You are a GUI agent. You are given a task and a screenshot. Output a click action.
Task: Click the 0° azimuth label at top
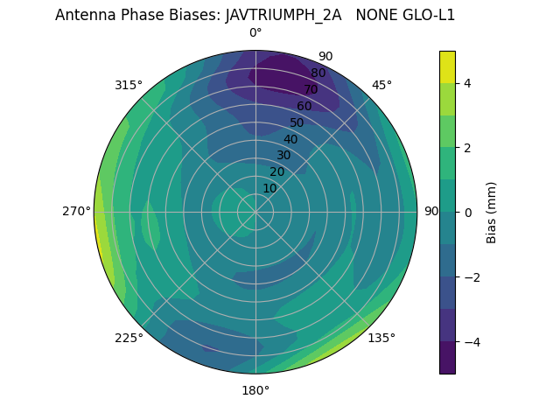(x=255, y=32)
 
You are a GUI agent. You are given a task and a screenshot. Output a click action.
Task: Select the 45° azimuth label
(x=381, y=85)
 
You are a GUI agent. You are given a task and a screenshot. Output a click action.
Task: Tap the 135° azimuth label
(x=381, y=338)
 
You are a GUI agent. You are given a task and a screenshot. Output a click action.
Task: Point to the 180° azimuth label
(x=255, y=390)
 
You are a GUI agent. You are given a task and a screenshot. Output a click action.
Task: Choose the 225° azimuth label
(x=129, y=338)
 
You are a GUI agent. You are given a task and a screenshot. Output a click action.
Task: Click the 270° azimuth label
(x=76, y=211)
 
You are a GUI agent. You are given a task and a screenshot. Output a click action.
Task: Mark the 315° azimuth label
(x=129, y=85)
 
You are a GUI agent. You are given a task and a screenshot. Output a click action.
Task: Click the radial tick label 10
(x=269, y=188)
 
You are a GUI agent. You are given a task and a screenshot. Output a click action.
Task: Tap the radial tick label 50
(x=297, y=122)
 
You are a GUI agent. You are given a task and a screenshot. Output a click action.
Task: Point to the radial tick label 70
(x=311, y=89)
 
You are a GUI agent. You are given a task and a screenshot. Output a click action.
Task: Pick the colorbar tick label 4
(x=468, y=83)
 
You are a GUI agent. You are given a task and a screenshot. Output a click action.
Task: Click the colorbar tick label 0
(x=468, y=213)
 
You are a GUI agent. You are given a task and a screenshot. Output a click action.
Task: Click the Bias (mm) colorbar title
(x=492, y=213)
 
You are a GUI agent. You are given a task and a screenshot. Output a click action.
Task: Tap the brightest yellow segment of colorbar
(x=447, y=66)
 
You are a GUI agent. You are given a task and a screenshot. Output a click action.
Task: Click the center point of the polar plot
(x=255, y=212)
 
